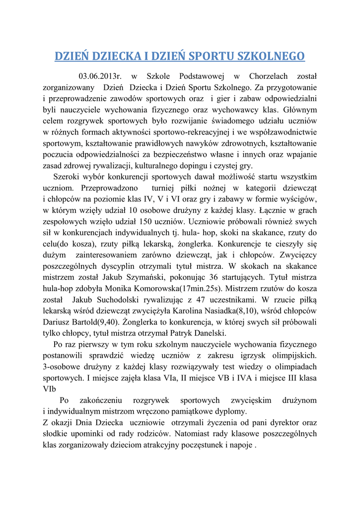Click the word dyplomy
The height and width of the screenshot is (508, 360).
232,412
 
